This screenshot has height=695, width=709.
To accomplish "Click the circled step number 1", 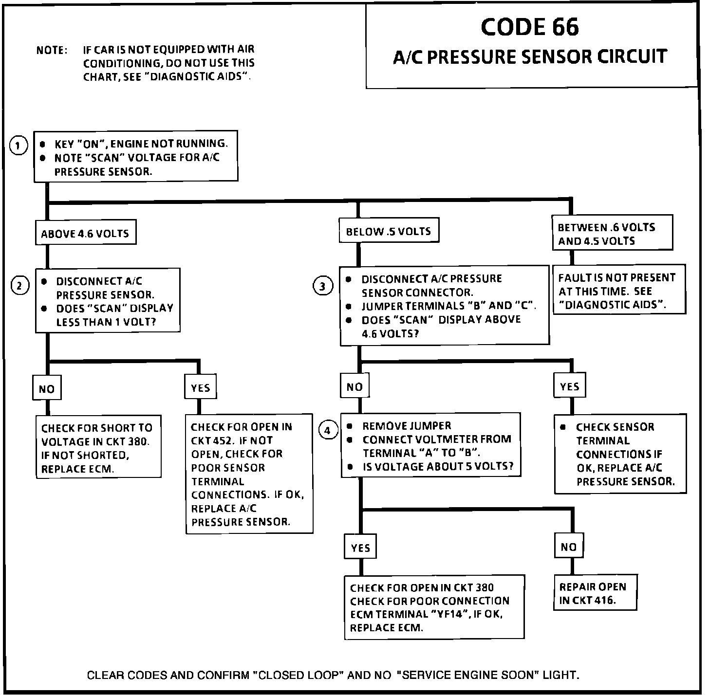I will click(19, 146).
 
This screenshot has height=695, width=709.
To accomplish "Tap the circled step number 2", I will click(20, 285).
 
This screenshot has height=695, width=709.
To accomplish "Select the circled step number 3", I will click(322, 286).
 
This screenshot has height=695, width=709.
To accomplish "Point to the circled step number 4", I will click(328, 430).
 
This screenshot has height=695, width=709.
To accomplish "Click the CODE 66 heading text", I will click(530, 27).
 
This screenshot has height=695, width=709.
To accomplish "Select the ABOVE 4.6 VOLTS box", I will click(85, 233).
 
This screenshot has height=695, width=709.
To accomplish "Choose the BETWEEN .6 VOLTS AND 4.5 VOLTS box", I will click(613, 234).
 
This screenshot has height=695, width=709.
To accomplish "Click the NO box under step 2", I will click(47, 388).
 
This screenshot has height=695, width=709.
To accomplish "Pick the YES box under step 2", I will click(200, 387).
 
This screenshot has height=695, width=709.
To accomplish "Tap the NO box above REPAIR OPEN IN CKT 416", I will click(568, 547).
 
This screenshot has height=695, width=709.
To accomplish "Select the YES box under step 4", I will click(360, 548).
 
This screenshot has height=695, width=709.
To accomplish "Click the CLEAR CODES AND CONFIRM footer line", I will click(333, 675).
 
